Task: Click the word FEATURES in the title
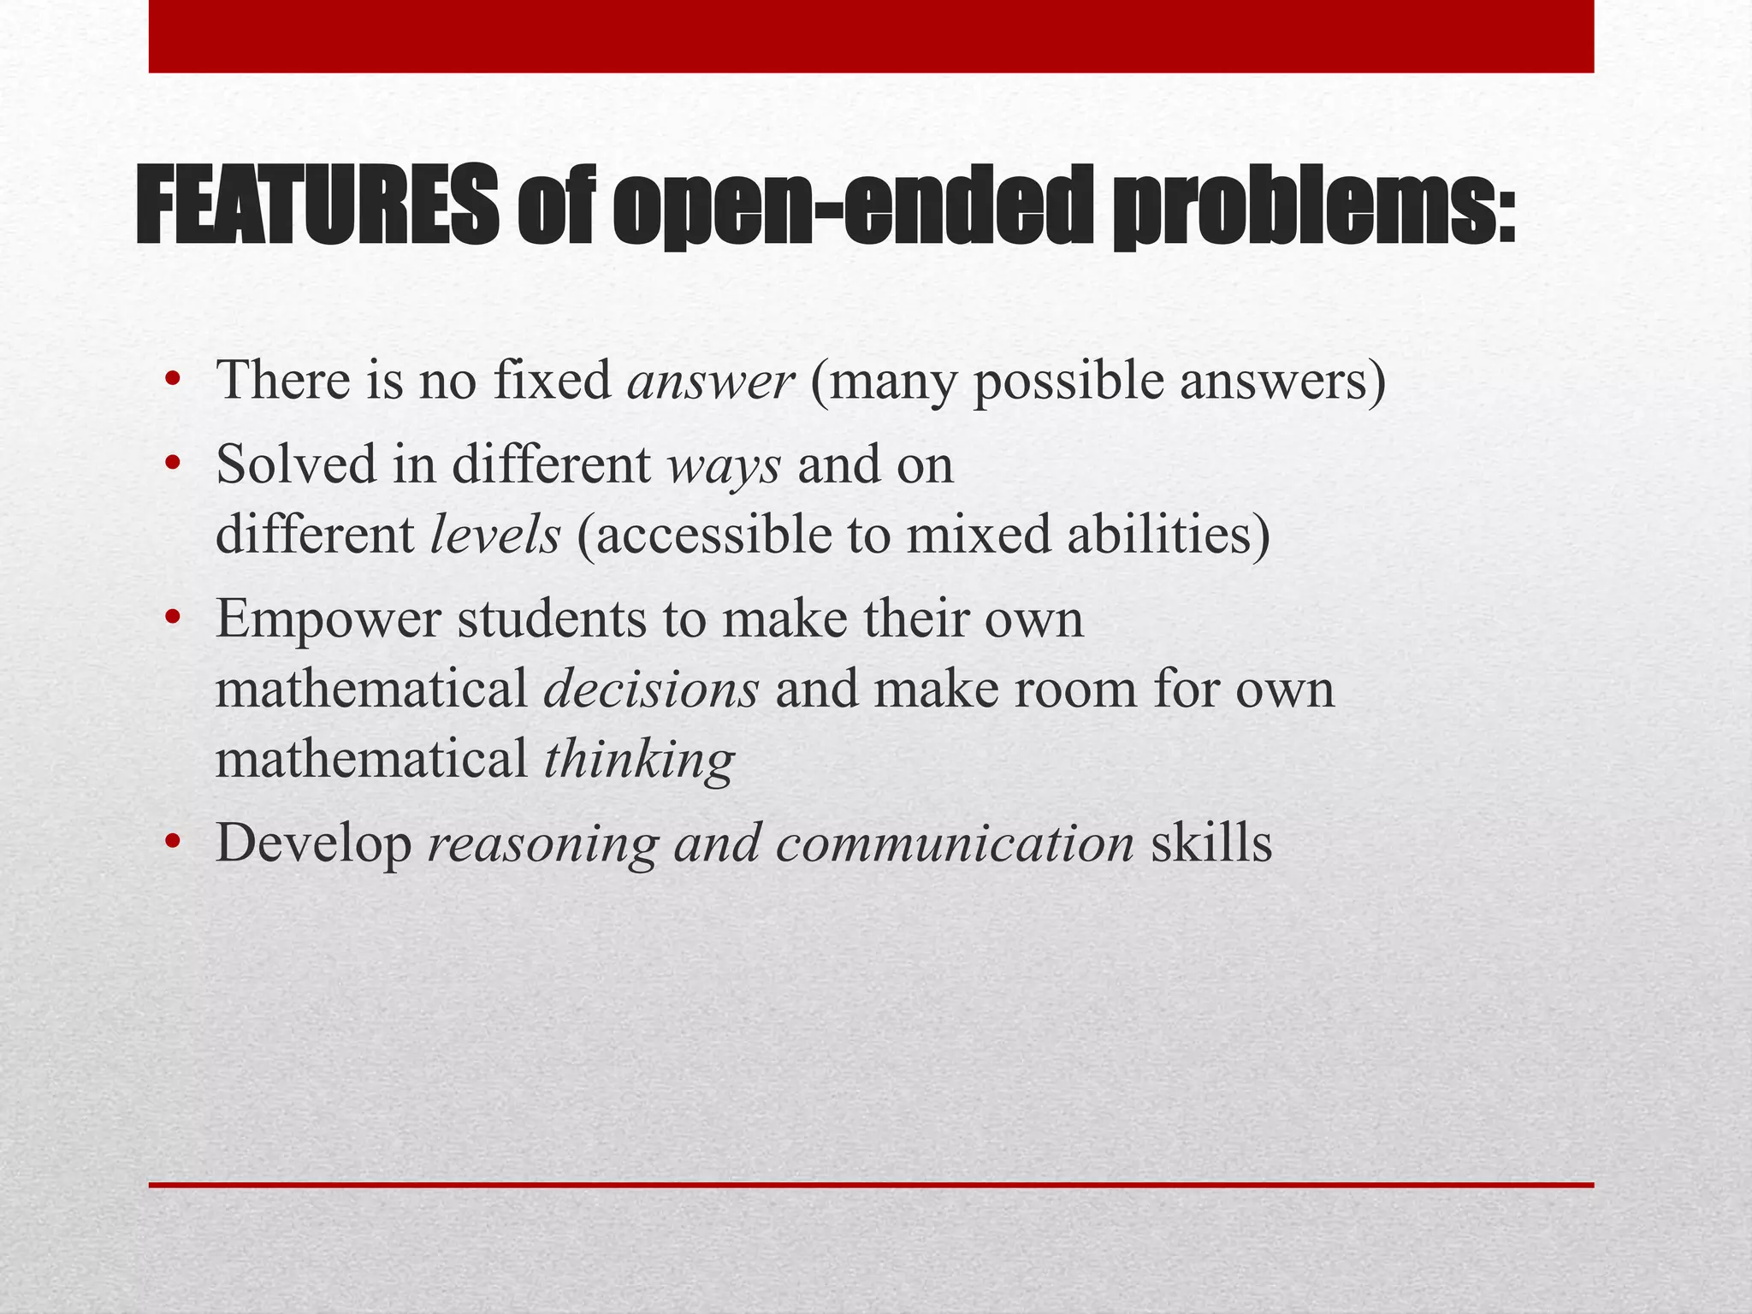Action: point(317,206)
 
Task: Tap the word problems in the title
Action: point(1314,206)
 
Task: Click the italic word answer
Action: point(710,382)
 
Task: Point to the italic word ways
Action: point(724,467)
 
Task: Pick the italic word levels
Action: point(494,536)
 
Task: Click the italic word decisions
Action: point(651,690)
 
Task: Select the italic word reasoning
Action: point(543,844)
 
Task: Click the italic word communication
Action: point(955,844)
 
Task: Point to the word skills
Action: point(1211,844)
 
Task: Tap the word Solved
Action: point(296,467)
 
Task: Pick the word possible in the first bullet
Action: point(1068,382)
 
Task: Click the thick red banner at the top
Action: point(871,36)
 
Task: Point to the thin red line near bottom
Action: point(871,1185)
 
